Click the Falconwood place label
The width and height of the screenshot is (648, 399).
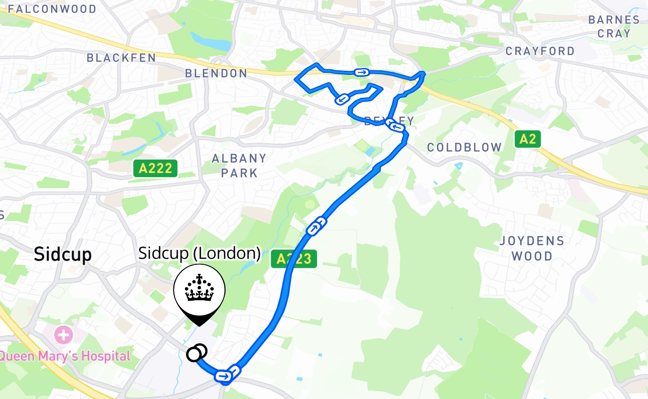[52, 9]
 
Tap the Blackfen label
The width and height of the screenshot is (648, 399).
[121, 58]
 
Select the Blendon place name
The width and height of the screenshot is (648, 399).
[216, 73]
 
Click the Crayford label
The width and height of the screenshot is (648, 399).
[540, 51]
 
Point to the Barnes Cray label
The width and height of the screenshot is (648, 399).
[614, 26]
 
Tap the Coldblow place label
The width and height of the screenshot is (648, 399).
[464, 147]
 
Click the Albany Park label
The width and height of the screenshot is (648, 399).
[239, 166]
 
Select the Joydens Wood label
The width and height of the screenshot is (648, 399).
[532, 248]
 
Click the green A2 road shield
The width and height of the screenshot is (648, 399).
[527, 139]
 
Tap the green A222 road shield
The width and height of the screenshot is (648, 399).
[156, 168]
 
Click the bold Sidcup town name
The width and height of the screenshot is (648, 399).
[63, 254]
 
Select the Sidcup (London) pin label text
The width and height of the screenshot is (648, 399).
[199, 253]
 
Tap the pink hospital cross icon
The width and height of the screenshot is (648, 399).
[63, 335]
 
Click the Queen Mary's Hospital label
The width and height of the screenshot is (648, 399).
[65, 356]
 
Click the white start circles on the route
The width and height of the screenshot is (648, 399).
[196, 353]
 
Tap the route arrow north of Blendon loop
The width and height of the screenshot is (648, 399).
[361, 73]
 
